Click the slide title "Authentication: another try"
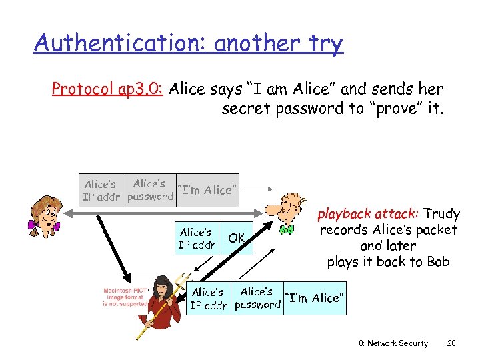[x=188, y=44]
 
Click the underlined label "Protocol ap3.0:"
[x=109, y=89]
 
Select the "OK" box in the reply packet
[x=237, y=238]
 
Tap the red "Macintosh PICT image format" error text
[x=125, y=297]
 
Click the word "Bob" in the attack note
[x=438, y=262]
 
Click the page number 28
[x=451, y=343]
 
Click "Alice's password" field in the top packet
[x=150, y=190]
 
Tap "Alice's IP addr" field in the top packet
[x=101, y=191]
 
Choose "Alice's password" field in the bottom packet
[x=257, y=298]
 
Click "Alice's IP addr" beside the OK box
[x=197, y=238]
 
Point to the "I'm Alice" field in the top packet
[x=207, y=190]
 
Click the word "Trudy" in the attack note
[x=442, y=214]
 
